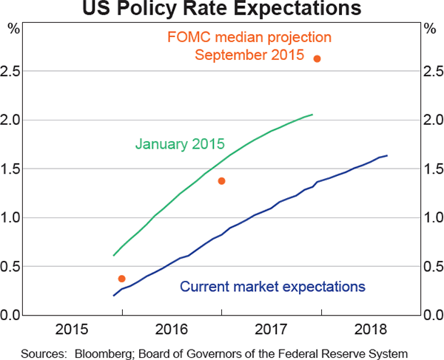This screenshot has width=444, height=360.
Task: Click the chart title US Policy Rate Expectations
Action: (222, 10)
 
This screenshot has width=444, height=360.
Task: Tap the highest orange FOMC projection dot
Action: (317, 58)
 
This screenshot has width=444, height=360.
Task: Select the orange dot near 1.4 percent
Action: (221, 180)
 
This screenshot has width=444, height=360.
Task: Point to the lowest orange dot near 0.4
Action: (121, 279)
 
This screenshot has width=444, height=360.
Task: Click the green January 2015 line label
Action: (180, 143)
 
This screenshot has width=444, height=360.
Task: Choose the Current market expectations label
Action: (273, 286)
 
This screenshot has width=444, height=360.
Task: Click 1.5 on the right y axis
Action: (431, 169)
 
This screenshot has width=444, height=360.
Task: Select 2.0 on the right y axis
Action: (431, 120)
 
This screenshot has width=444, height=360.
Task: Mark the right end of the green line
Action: (312, 115)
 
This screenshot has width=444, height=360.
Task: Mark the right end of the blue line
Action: (387, 155)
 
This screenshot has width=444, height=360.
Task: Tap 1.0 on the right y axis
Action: (431, 217)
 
